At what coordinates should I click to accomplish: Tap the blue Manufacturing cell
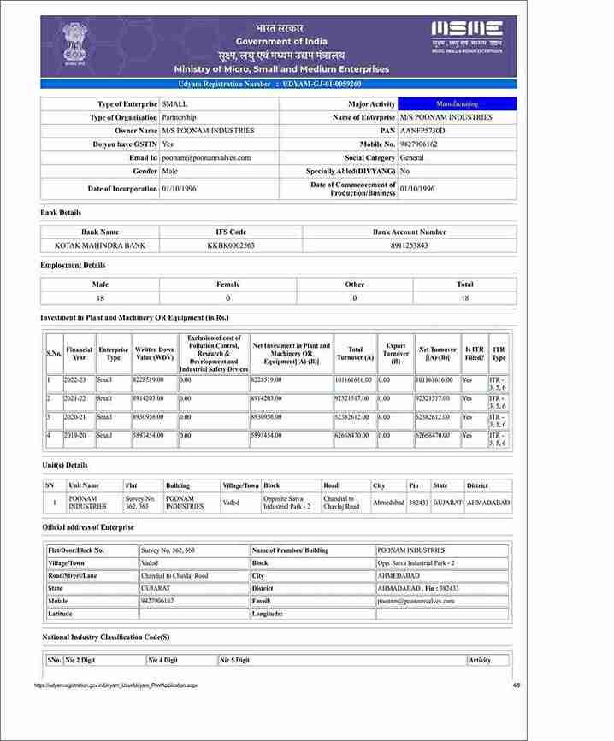click(x=458, y=103)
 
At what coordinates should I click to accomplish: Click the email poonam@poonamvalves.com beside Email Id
click(x=206, y=158)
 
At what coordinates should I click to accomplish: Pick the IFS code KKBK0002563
click(x=231, y=245)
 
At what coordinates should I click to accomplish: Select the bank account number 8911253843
click(x=409, y=245)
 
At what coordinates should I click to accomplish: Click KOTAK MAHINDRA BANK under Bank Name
click(x=100, y=245)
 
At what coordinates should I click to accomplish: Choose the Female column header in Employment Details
click(x=228, y=285)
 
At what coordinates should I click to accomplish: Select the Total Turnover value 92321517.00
click(x=353, y=398)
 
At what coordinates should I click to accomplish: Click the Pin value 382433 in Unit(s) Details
click(x=418, y=503)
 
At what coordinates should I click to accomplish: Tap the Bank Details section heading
click(x=61, y=212)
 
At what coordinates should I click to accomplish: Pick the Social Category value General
click(x=411, y=158)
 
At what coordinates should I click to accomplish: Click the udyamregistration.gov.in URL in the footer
click(x=115, y=685)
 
